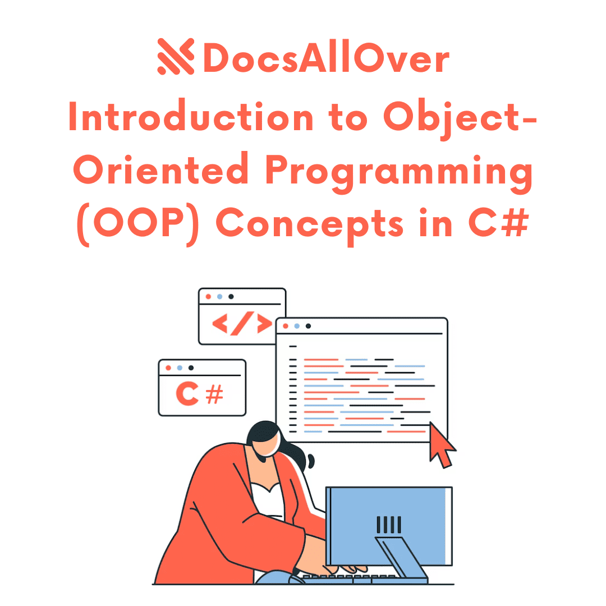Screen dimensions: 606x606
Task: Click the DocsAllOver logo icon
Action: pyautogui.click(x=176, y=56)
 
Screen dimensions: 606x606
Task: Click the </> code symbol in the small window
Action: pyautogui.click(x=242, y=324)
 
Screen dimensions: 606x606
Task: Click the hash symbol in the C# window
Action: pyautogui.click(x=215, y=394)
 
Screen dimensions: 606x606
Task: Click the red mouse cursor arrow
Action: pyautogui.click(x=442, y=446)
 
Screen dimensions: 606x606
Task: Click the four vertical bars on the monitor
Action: pyautogui.click(x=389, y=525)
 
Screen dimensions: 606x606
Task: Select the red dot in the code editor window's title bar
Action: pyautogui.click(x=285, y=326)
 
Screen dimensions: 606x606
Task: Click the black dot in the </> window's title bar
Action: pyautogui.click(x=231, y=296)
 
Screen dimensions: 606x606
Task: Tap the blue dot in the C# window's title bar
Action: pyautogui.click(x=180, y=368)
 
